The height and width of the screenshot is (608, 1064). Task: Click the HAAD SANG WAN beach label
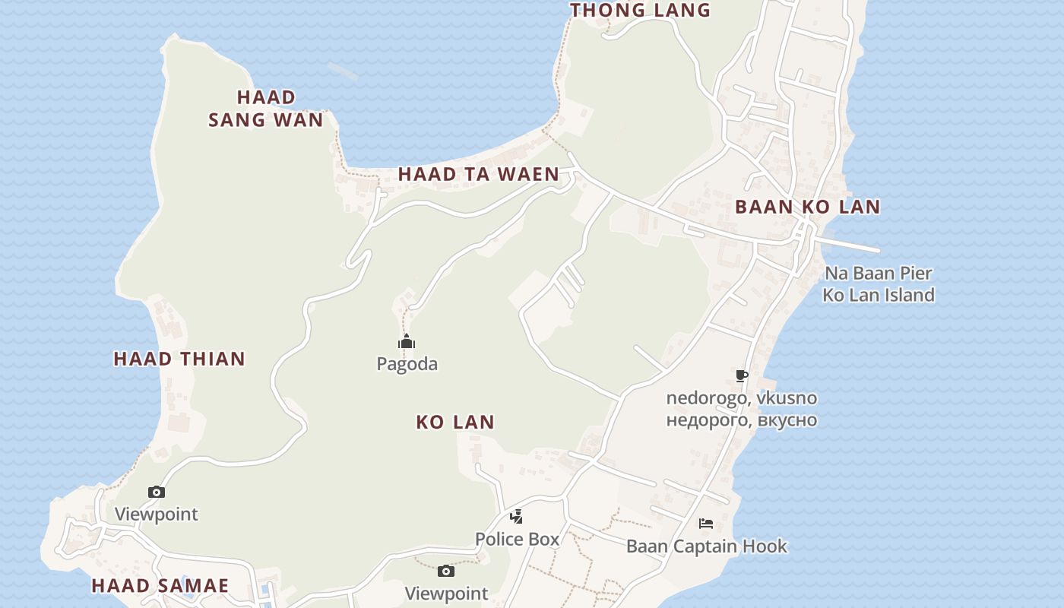pyautogui.click(x=266, y=108)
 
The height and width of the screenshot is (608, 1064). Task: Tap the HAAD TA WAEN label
pyautogui.click(x=479, y=174)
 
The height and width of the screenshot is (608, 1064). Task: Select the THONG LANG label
pyautogui.click(x=640, y=10)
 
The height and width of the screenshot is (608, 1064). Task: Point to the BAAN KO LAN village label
pyautogui.click(x=807, y=207)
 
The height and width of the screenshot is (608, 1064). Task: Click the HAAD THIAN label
pyautogui.click(x=179, y=359)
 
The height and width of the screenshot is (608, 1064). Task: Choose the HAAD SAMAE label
pyautogui.click(x=160, y=585)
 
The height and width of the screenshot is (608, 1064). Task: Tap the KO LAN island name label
pyautogui.click(x=455, y=422)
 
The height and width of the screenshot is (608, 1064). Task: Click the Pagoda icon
pyautogui.click(x=407, y=342)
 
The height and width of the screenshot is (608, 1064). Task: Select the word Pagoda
pyautogui.click(x=407, y=364)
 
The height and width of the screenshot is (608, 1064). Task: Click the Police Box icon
pyautogui.click(x=516, y=518)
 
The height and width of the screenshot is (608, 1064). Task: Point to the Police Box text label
pyautogui.click(x=517, y=539)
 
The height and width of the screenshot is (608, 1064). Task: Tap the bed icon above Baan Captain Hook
pyautogui.click(x=706, y=523)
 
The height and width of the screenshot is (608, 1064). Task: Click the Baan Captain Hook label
pyautogui.click(x=707, y=546)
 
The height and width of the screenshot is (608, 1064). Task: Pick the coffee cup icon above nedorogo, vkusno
pyautogui.click(x=742, y=375)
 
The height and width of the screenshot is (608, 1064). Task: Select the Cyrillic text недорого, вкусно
pyautogui.click(x=742, y=420)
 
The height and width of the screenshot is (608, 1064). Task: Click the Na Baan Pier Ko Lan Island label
pyautogui.click(x=879, y=283)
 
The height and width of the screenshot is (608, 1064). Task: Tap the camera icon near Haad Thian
pyautogui.click(x=156, y=492)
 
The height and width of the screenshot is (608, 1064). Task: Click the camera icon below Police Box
pyautogui.click(x=446, y=572)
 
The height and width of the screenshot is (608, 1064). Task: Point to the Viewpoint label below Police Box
pyautogui.click(x=446, y=593)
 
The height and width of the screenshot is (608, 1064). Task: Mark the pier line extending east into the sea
pyautogui.click(x=851, y=245)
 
